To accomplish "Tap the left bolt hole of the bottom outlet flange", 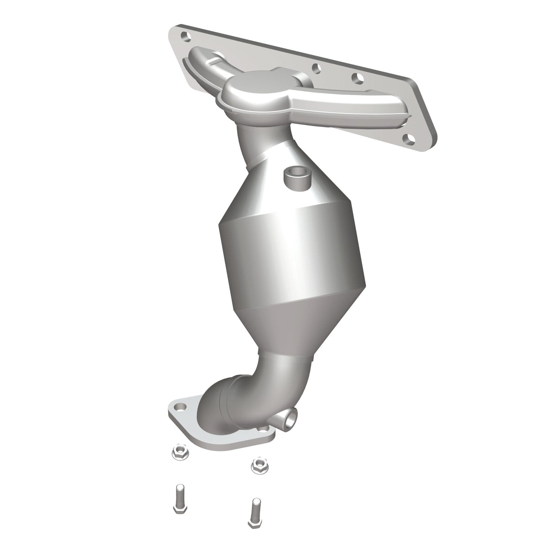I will (180, 406).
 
